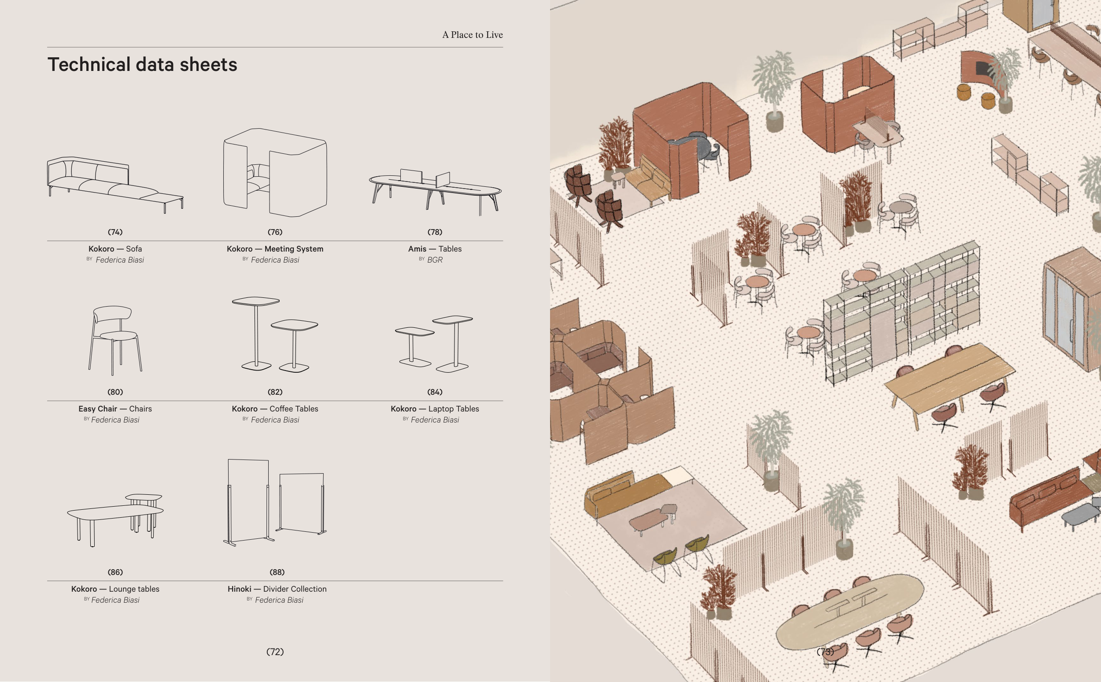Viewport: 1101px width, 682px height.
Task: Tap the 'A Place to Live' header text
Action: [x=472, y=35]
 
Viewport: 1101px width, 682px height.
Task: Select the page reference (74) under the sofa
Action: [x=115, y=232]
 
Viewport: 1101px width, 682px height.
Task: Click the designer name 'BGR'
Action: [x=435, y=260]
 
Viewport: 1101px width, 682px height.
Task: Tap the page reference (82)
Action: [x=275, y=392]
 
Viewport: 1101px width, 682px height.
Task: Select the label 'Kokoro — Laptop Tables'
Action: [x=435, y=409]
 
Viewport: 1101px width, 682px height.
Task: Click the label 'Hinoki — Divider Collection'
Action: [x=277, y=589]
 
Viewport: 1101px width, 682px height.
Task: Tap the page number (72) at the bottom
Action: [x=275, y=652]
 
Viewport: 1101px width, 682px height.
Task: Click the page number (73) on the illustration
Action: [x=825, y=652]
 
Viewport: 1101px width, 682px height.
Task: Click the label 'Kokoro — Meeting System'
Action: [x=275, y=248]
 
